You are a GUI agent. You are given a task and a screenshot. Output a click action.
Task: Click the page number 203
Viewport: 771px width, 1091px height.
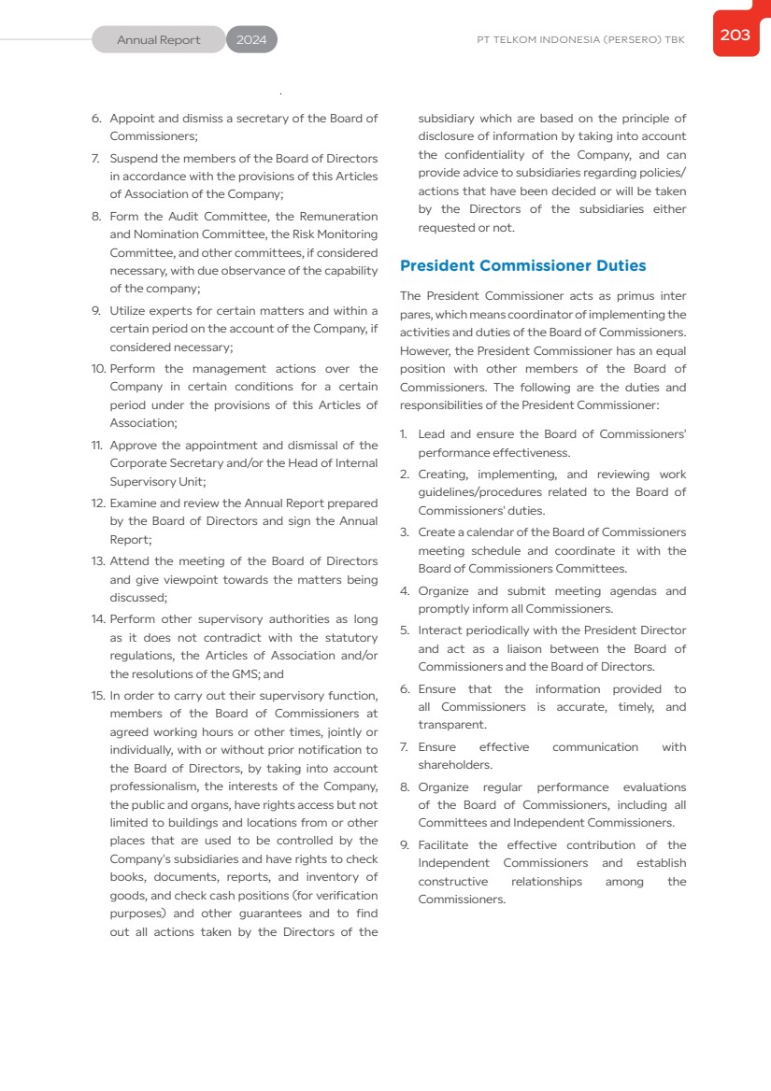tap(735, 35)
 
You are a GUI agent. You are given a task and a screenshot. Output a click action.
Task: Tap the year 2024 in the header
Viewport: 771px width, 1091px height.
tap(251, 40)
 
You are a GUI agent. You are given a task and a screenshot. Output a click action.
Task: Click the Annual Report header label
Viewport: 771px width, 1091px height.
tap(158, 40)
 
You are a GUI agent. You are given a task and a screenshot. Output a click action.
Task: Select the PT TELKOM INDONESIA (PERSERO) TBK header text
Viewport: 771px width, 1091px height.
tap(580, 40)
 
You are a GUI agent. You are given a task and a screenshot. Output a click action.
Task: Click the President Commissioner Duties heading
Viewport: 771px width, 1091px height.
tap(522, 266)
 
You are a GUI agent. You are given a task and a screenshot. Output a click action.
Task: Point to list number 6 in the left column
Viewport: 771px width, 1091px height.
tap(96, 119)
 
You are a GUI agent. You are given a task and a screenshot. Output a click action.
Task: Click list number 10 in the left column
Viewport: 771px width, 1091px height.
tap(98, 369)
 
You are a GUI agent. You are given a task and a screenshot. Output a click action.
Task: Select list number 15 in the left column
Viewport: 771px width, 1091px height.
tap(98, 696)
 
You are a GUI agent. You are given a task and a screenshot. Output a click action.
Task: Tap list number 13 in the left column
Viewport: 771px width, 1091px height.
tap(98, 561)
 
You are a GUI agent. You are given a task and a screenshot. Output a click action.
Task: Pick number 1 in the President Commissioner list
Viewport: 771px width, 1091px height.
tap(404, 434)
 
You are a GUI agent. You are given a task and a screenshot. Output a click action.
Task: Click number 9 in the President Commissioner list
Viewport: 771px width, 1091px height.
tap(405, 845)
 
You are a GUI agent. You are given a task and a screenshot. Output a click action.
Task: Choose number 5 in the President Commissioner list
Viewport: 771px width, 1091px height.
tap(405, 631)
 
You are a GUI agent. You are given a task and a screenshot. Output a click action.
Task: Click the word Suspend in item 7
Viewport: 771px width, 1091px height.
tap(134, 158)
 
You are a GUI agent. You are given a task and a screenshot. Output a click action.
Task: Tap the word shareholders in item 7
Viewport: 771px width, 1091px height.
tap(454, 765)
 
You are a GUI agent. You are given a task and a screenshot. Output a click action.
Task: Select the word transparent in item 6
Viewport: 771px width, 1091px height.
tap(451, 725)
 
